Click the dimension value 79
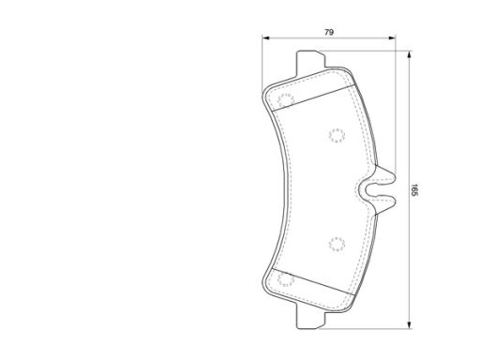329,32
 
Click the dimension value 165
414,190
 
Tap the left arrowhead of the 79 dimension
265,38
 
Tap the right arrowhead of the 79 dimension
392,38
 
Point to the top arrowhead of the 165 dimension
410,54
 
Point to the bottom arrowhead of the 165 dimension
410,324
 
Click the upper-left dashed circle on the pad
286,100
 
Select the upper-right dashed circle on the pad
337,136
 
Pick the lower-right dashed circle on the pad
337,244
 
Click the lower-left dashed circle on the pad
286,279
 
